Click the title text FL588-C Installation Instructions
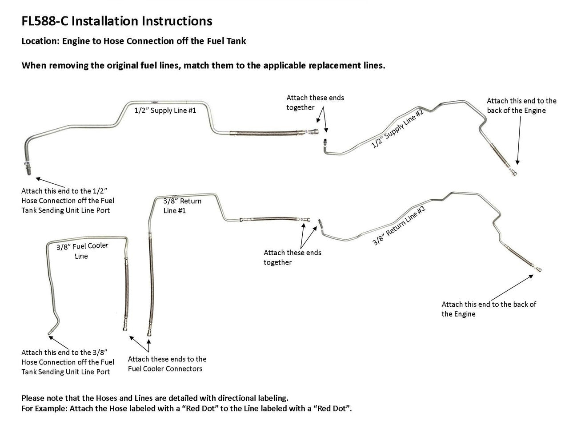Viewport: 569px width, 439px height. pos(116,21)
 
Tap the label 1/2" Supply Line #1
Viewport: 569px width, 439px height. pos(165,111)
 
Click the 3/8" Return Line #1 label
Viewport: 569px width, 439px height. pos(182,206)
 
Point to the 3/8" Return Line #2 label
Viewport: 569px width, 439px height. pos(399,226)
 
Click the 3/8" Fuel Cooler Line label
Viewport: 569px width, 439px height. pos(82,251)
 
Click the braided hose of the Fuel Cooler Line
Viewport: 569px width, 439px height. pos(126,293)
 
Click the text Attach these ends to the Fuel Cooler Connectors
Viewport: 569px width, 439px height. pos(167,364)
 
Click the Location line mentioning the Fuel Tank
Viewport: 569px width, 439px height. pos(133,41)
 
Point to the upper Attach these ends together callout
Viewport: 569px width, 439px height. pos(315,103)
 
